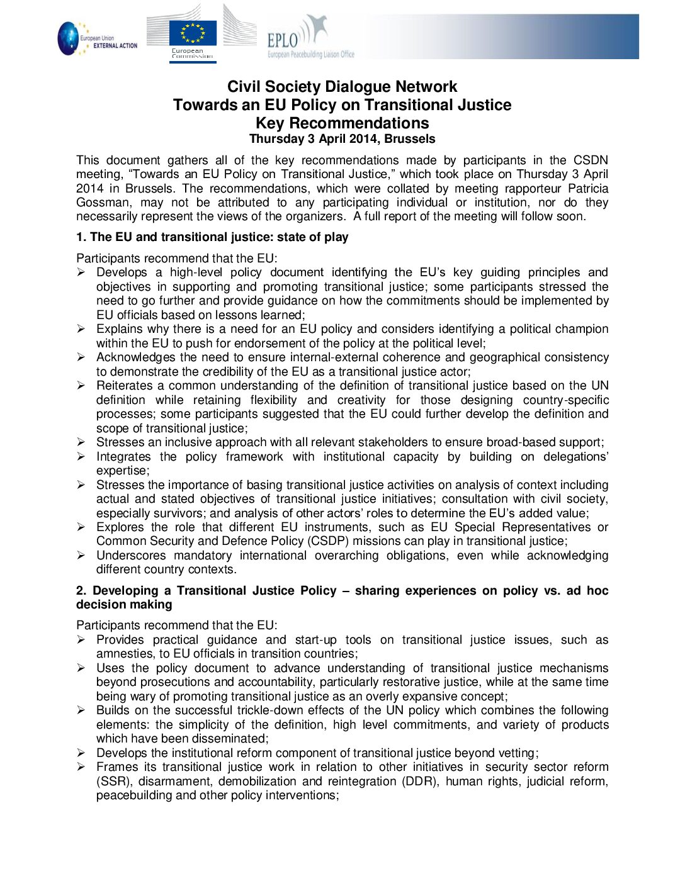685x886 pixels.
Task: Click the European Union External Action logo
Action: pos(97,39)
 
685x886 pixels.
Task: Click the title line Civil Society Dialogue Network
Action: pos(342,87)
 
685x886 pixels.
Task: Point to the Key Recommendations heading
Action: pos(342,123)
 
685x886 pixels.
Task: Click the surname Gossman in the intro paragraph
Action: pos(101,203)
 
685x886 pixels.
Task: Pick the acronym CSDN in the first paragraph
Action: pos(591,160)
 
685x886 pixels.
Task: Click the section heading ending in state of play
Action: pos(212,237)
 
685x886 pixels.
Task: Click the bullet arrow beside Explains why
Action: pos(81,329)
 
